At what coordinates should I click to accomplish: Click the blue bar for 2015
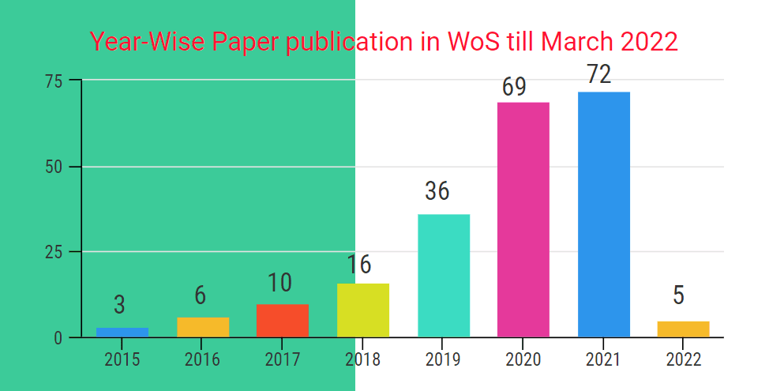pyautogui.click(x=122, y=333)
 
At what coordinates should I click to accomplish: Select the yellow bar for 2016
pyautogui.click(x=203, y=327)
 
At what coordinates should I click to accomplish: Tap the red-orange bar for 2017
pyautogui.click(x=283, y=321)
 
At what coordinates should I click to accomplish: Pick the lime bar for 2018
pyautogui.click(x=363, y=310)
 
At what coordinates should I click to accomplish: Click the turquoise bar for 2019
pyautogui.click(x=444, y=276)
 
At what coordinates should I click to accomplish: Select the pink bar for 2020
pyautogui.click(x=523, y=220)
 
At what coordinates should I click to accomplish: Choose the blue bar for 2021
pyautogui.click(x=604, y=215)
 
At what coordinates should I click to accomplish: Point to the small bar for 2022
pyautogui.click(x=684, y=329)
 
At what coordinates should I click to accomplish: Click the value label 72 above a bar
pyautogui.click(x=599, y=74)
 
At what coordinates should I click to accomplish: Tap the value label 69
pyautogui.click(x=514, y=86)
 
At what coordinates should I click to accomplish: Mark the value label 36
pyautogui.click(x=437, y=191)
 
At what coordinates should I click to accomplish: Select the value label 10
pyautogui.click(x=279, y=283)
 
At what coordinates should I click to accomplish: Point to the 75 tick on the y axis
pyautogui.click(x=54, y=81)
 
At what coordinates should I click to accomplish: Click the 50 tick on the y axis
pyautogui.click(x=54, y=167)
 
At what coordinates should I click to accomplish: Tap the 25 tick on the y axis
pyautogui.click(x=54, y=252)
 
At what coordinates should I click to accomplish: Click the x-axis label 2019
pyautogui.click(x=444, y=360)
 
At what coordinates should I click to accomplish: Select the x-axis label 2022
pyautogui.click(x=684, y=360)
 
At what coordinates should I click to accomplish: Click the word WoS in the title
pyautogui.click(x=472, y=41)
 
